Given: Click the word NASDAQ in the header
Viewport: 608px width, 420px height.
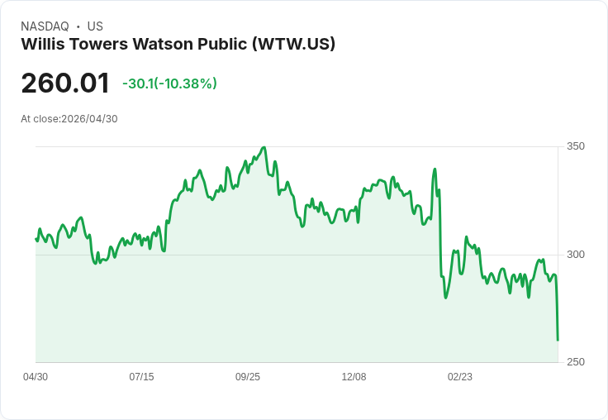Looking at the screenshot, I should tap(45, 26).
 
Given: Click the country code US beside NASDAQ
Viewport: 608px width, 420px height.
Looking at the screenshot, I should tap(95, 26).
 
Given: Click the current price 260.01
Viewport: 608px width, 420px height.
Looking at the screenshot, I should tap(65, 84).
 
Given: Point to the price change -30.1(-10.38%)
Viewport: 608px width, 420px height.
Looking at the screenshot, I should tap(169, 84).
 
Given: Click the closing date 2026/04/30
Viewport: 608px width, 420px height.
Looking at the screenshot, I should tap(89, 119).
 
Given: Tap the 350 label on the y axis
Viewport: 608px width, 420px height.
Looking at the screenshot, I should tap(575, 146).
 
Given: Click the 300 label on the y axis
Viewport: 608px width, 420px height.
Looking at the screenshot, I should tap(575, 254).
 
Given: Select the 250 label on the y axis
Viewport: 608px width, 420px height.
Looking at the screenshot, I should tap(575, 362).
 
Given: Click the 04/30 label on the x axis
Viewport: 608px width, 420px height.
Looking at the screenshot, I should tap(36, 377).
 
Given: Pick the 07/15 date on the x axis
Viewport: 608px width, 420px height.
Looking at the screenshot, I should tap(141, 377).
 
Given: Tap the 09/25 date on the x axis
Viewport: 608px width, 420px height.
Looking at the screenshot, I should tap(248, 377).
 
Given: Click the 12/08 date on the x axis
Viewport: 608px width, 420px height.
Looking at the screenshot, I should tap(354, 377).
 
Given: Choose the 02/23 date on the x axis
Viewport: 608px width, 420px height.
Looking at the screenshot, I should tap(460, 377).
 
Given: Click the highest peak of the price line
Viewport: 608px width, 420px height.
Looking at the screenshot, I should tap(264, 148).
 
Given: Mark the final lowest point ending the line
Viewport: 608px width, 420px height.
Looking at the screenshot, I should tap(558, 340).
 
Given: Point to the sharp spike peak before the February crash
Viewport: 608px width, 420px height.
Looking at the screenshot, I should tap(435, 169).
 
